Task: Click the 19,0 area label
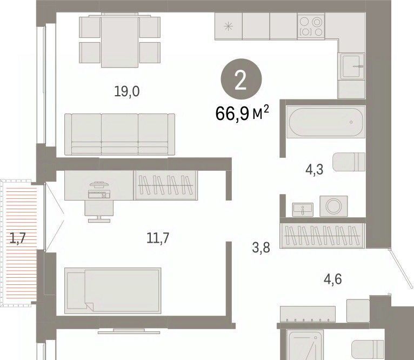coord(126,91)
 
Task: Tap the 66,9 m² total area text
coord(242,113)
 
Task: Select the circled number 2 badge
coord(241,78)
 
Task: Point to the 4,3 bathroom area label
coord(314,169)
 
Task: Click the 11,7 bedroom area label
coord(158,238)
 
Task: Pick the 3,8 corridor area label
coord(261,248)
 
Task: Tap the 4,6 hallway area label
coord(333,279)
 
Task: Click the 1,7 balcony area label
coord(17,238)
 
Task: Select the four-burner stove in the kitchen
coord(311,26)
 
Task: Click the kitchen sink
coord(352,66)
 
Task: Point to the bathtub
coord(326,122)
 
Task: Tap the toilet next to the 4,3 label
coord(349,162)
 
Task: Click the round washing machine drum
coord(333,205)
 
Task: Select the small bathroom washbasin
coord(303,210)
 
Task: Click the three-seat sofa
coord(119,134)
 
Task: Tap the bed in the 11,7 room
coord(113,290)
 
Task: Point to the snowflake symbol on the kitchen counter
coord(229,26)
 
